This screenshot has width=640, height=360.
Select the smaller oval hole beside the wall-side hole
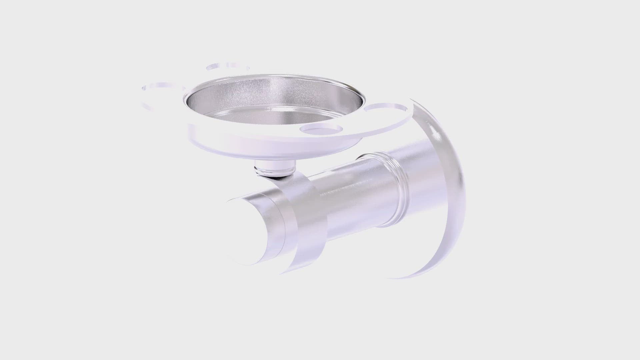321,128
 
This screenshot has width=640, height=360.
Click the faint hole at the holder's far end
162,87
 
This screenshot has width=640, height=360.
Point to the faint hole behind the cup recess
227,66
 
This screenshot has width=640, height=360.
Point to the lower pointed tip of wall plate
400,277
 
